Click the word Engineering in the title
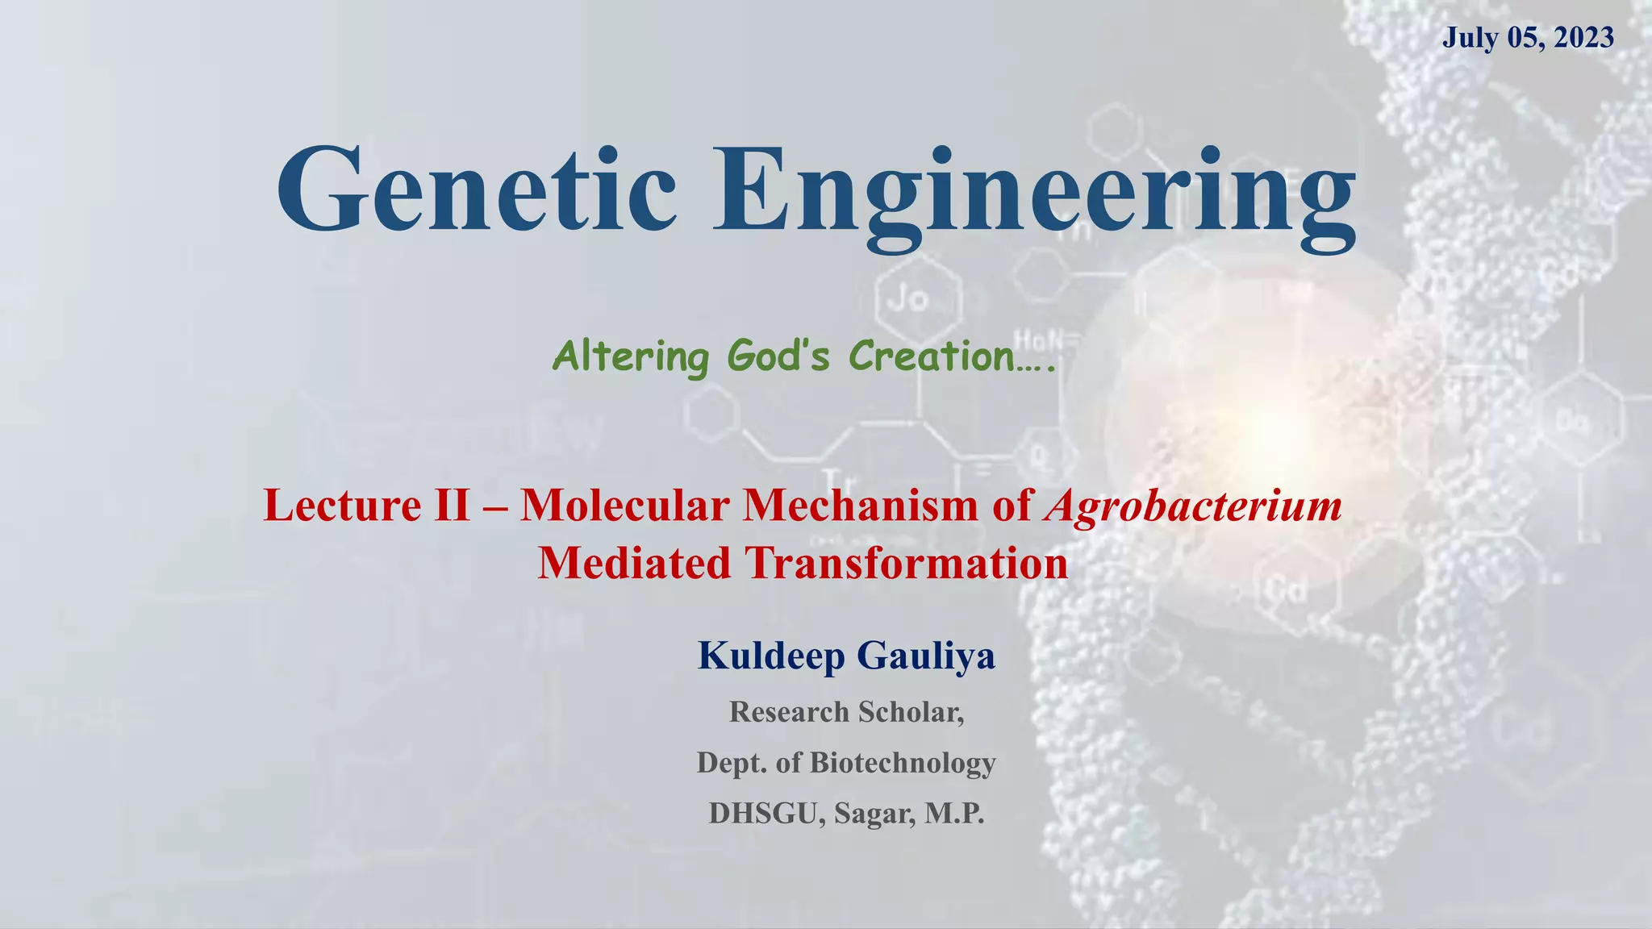pyautogui.click(x=1032, y=194)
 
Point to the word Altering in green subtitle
pyautogui.click(x=631, y=356)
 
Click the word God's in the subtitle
pyautogui.click(x=778, y=356)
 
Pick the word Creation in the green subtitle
pyautogui.click(x=932, y=356)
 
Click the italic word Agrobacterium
pyautogui.click(x=1193, y=506)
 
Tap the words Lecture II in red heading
pyautogui.click(x=366, y=506)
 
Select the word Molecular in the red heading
pyautogui.click(x=625, y=506)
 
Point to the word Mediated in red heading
pyautogui.click(x=634, y=563)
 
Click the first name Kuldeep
pyautogui.click(x=771, y=655)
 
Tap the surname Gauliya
pyautogui.click(x=926, y=655)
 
